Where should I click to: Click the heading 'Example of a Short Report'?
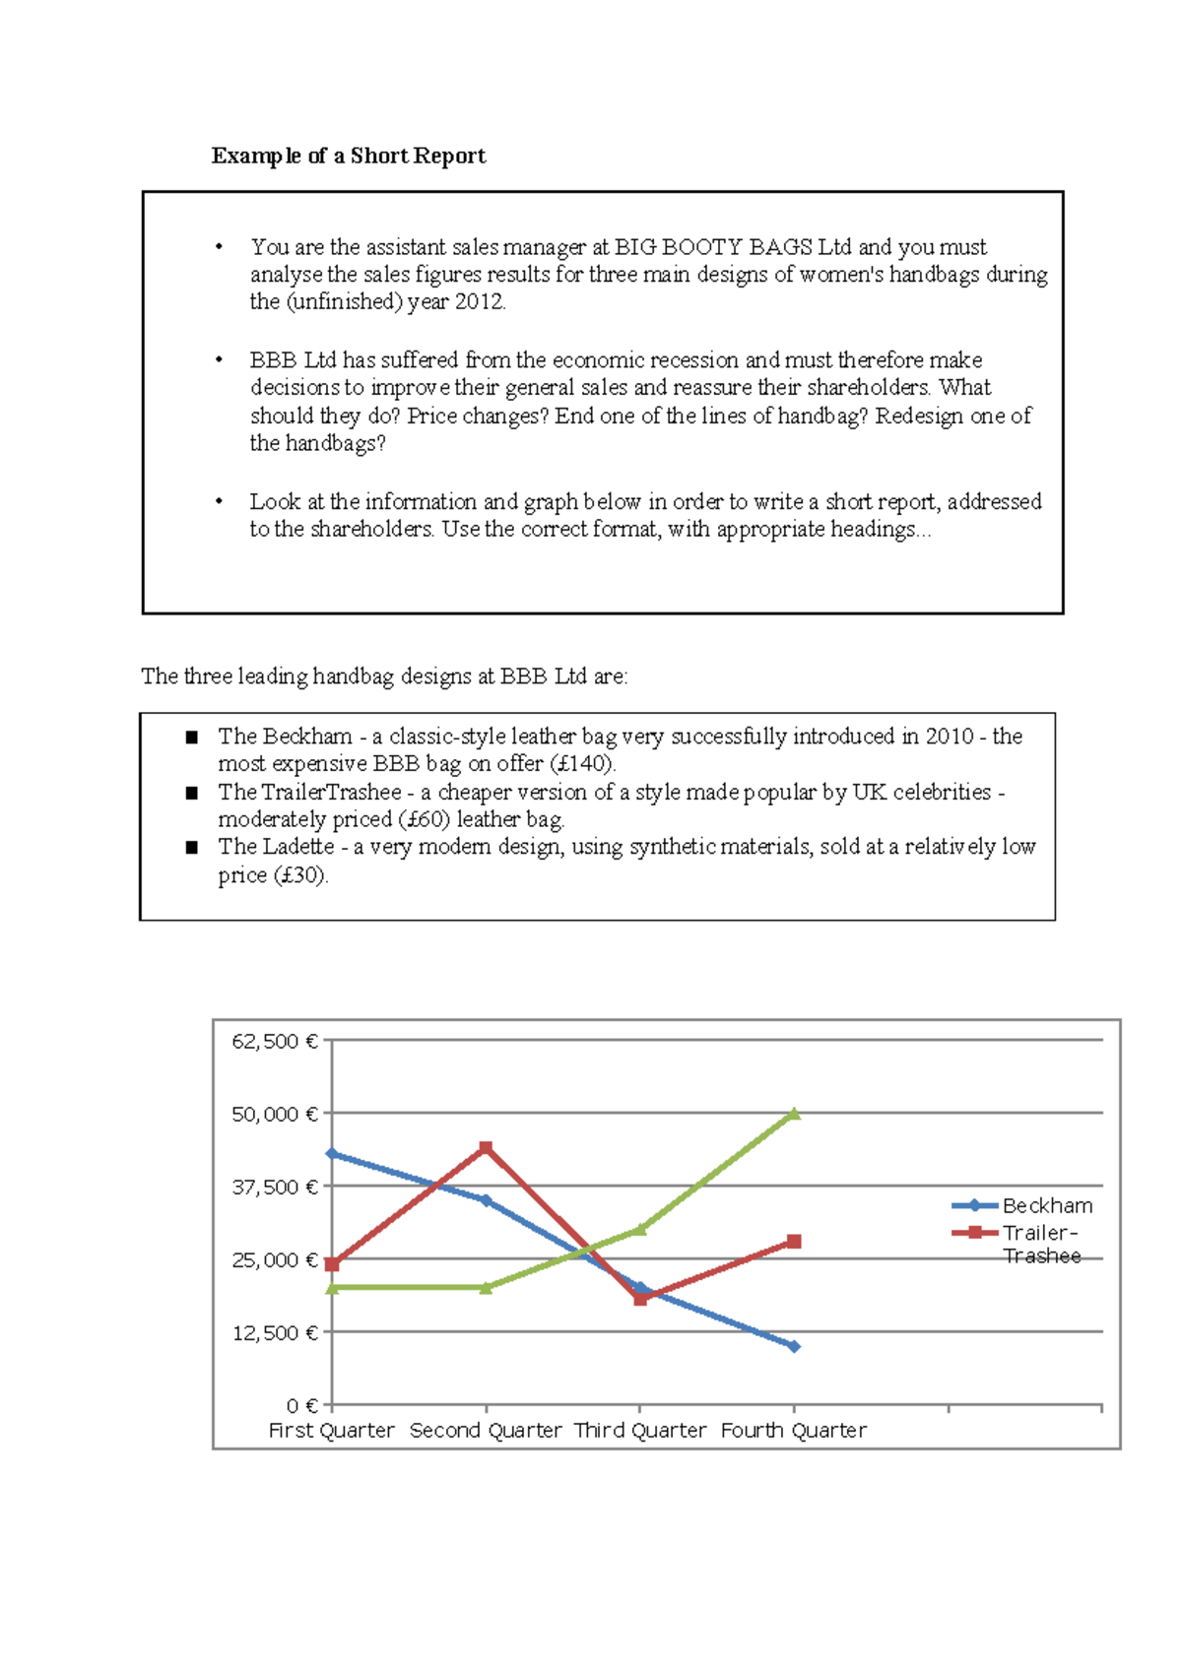pos(348,156)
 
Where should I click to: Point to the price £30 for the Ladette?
pos(300,874)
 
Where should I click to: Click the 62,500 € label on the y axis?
pos(274,1041)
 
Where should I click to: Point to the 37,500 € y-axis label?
pos(274,1187)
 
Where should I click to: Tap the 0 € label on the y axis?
pos(301,1405)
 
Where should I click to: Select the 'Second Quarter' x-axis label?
pos(485,1430)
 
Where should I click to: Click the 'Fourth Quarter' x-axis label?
pos(793,1430)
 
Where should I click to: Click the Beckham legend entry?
pos(1046,1205)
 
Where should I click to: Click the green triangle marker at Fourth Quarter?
pos(794,1114)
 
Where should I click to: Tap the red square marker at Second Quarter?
pos(486,1148)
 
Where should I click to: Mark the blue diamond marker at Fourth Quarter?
pos(794,1346)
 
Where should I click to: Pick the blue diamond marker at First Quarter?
pos(332,1153)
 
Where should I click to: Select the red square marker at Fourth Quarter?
pos(794,1242)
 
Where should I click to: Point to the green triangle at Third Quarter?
pos(640,1229)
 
